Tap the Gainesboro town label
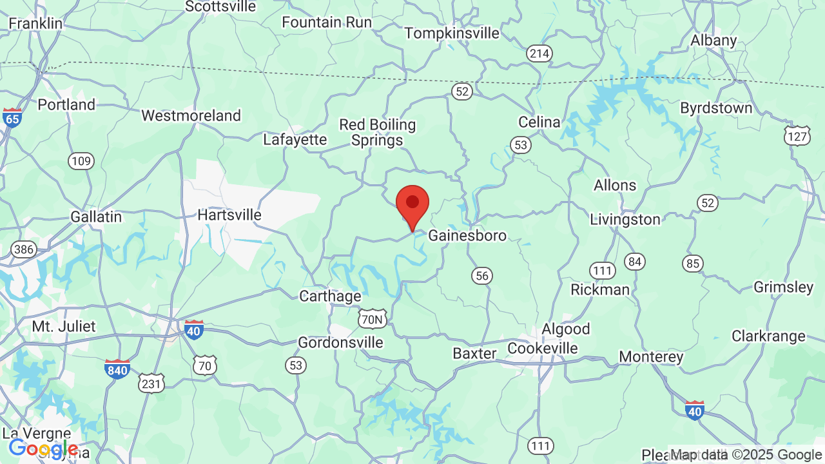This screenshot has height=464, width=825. [467, 235]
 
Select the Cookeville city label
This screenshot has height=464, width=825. [542, 348]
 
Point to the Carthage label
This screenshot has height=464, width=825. [330, 296]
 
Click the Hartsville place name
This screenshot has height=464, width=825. [229, 215]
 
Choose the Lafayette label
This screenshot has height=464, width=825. [295, 139]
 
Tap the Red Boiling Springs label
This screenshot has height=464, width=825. [377, 132]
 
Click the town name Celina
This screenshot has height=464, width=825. [539, 122]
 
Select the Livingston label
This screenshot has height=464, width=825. [625, 220]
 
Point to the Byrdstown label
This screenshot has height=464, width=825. [716, 108]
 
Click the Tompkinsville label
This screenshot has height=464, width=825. [451, 33]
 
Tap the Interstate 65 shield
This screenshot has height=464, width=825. [12, 117]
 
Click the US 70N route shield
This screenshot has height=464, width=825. [372, 318]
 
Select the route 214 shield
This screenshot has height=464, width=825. [539, 53]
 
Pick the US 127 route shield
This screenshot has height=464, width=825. [797, 135]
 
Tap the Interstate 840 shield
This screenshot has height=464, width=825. [117, 369]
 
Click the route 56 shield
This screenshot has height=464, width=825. [481, 276]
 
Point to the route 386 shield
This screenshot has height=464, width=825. [23, 249]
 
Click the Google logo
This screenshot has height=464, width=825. [43, 449]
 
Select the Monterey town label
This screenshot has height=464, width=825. [651, 356]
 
